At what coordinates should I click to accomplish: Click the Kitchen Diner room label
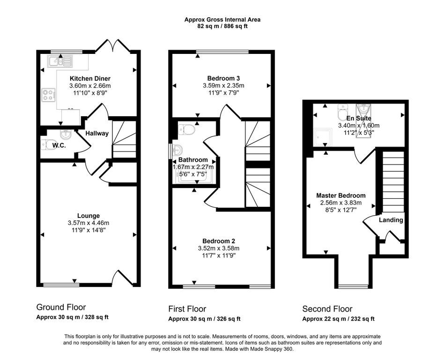point(90,79)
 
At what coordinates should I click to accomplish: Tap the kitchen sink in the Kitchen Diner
point(60,61)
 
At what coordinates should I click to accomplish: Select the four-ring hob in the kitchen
point(48,95)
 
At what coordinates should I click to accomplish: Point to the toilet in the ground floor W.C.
point(46,145)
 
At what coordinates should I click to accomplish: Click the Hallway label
point(97,133)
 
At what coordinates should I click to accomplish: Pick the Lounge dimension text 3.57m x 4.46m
point(89,223)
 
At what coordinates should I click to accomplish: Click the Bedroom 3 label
point(223,78)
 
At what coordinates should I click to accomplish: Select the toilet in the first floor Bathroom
point(186,130)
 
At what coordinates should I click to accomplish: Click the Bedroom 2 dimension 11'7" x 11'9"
point(219,255)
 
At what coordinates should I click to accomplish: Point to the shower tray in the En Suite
point(323,137)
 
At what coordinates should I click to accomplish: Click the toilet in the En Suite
point(343,112)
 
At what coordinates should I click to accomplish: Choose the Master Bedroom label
point(341,195)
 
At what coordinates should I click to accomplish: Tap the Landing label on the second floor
point(391,220)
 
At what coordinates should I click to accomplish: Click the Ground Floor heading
point(61,307)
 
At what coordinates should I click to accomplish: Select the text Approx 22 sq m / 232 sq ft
point(338,319)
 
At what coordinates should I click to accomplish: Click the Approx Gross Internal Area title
point(222,20)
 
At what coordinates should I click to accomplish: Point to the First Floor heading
point(187,309)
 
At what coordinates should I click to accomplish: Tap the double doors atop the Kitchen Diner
point(113,45)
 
